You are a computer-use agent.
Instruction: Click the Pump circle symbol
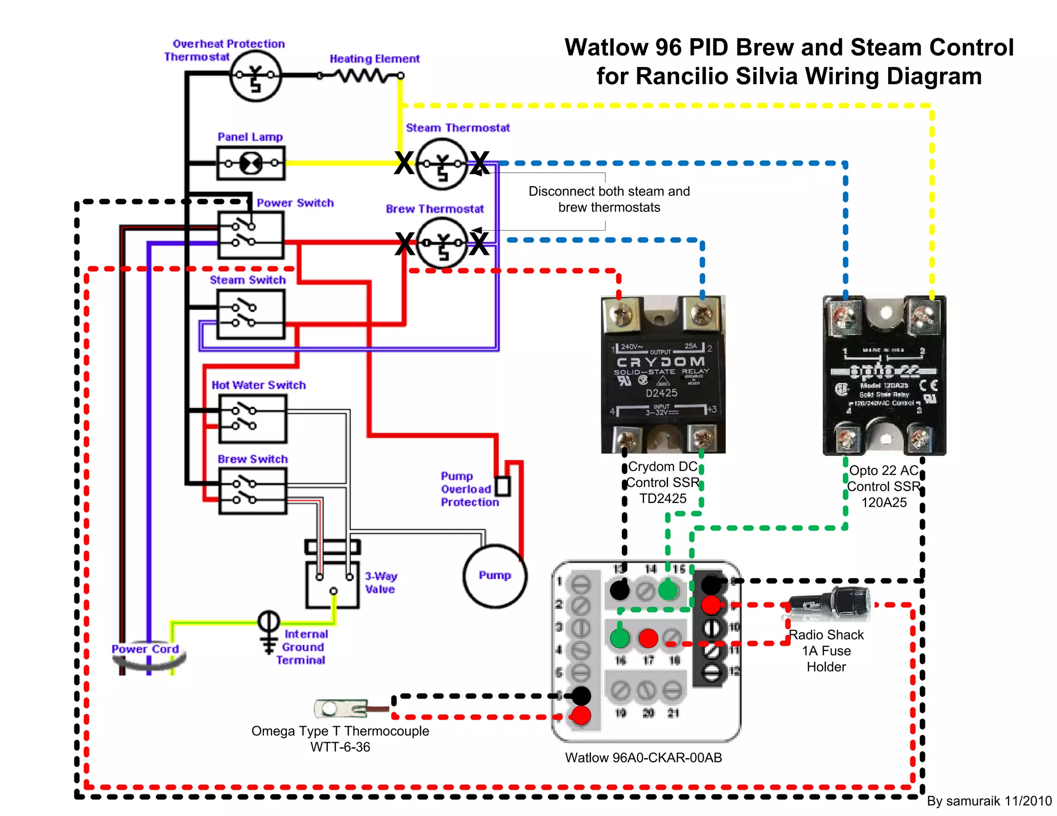pos(494,576)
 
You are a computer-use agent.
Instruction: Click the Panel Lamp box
pos(251,163)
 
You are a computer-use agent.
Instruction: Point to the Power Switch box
pos(251,235)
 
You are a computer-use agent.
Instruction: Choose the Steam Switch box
pos(251,314)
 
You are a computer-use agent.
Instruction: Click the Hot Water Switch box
pos(252,419)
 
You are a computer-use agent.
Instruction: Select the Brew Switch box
pos(252,491)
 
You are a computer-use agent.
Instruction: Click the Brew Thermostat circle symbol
pos(442,242)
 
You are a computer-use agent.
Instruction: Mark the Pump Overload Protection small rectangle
pos(502,486)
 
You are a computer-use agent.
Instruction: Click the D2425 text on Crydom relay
pos(662,393)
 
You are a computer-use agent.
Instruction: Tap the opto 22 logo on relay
pos(885,371)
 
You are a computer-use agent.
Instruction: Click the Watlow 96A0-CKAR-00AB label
pos(643,757)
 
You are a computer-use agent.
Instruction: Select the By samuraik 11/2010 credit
pos(989,801)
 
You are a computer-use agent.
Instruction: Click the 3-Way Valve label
pos(381,582)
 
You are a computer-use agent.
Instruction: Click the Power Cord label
pos(145,649)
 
